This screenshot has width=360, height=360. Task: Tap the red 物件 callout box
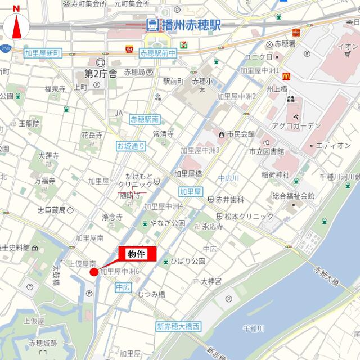[x=137, y=254]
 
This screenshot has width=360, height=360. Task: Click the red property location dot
[x=94, y=272]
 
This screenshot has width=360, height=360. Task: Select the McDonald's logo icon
[x=286, y=74]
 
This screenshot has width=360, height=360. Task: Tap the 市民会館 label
[x=240, y=134]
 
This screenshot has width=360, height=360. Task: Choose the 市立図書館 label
[x=267, y=151]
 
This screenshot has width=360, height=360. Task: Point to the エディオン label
[x=333, y=145]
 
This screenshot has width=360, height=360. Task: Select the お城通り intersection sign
[x=131, y=146]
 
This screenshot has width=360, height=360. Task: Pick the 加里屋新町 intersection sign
[x=42, y=53]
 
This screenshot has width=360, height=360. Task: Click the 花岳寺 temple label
[x=92, y=135]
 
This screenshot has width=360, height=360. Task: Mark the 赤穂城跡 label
[x=43, y=343]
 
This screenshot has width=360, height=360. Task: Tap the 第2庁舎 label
[x=101, y=73]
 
